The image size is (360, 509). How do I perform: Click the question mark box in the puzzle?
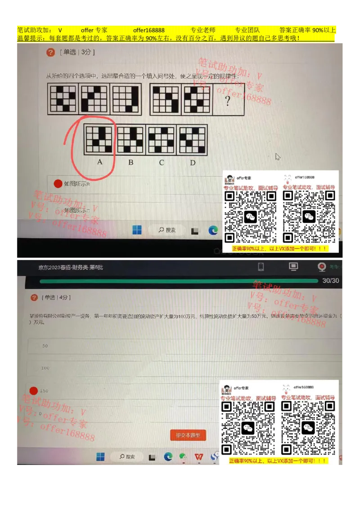coord(228,100)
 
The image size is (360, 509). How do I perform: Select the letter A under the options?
coord(100,162)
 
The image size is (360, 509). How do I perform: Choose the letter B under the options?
coord(130,162)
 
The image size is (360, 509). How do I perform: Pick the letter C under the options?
coord(162,162)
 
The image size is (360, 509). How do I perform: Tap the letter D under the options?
coord(193,162)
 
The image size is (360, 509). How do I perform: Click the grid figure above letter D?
coord(193,140)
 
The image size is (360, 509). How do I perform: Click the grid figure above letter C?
coord(162,140)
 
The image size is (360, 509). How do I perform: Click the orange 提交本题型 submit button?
coord(188,435)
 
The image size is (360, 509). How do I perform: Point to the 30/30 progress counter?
coord(331,281)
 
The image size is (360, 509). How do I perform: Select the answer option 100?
coord(45,368)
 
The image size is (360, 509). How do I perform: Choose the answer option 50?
coord(45,346)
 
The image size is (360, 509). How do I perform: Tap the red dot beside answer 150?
coord(33,390)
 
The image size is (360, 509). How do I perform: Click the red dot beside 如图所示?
coord(58,183)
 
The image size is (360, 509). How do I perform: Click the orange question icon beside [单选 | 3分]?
coord(50,52)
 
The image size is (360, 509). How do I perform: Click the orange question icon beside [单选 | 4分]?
coord(34,297)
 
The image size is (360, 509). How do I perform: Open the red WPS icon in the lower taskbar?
coord(198,457)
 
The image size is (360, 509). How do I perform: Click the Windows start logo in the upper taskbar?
coord(137,230)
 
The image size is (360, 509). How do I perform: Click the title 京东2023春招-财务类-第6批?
coord(71,267)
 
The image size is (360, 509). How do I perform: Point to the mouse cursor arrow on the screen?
coord(278,156)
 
